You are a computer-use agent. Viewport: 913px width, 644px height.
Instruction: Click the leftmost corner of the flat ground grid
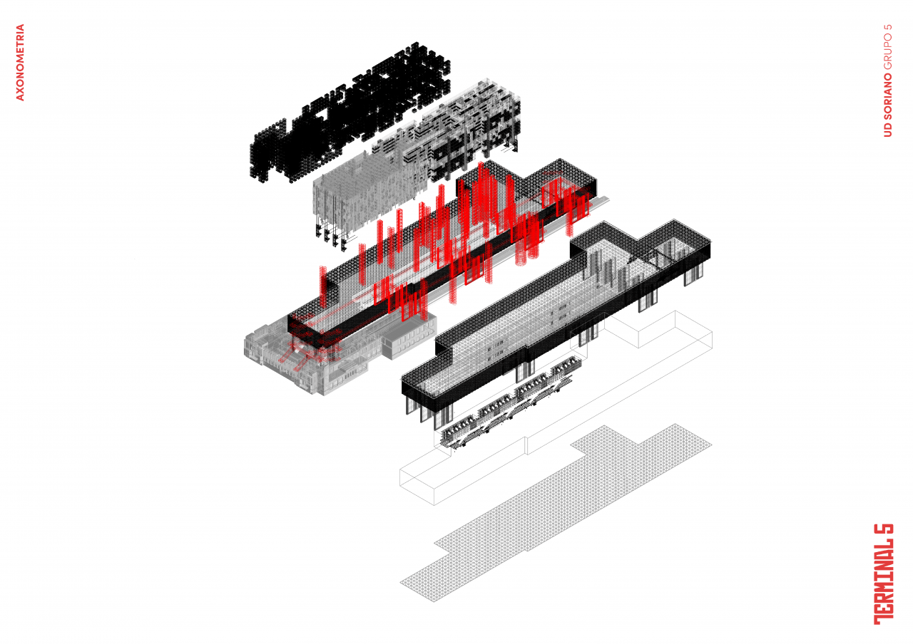click(x=400, y=583)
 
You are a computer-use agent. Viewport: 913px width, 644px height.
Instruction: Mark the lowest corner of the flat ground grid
click(x=434, y=602)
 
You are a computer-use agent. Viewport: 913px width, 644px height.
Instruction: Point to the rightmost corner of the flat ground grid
click(x=712, y=445)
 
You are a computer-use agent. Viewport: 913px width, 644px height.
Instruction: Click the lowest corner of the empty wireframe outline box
click(x=434, y=505)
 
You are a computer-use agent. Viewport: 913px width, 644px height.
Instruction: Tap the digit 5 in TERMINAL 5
click(x=884, y=534)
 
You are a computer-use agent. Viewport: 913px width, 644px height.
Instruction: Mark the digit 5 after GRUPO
click(x=888, y=28)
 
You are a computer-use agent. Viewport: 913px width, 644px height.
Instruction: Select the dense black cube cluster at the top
click(x=350, y=112)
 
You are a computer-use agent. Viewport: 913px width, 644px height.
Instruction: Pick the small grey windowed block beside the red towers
click(x=409, y=337)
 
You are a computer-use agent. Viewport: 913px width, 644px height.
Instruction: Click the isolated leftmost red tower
click(x=323, y=287)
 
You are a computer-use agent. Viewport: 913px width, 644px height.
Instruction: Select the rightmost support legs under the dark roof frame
click(x=694, y=275)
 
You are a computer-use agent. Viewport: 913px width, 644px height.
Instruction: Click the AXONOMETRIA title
click(x=20, y=62)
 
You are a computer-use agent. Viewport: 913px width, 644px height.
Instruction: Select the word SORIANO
click(x=888, y=96)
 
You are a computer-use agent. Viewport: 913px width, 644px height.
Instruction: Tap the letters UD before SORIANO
click(x=888, y=130)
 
